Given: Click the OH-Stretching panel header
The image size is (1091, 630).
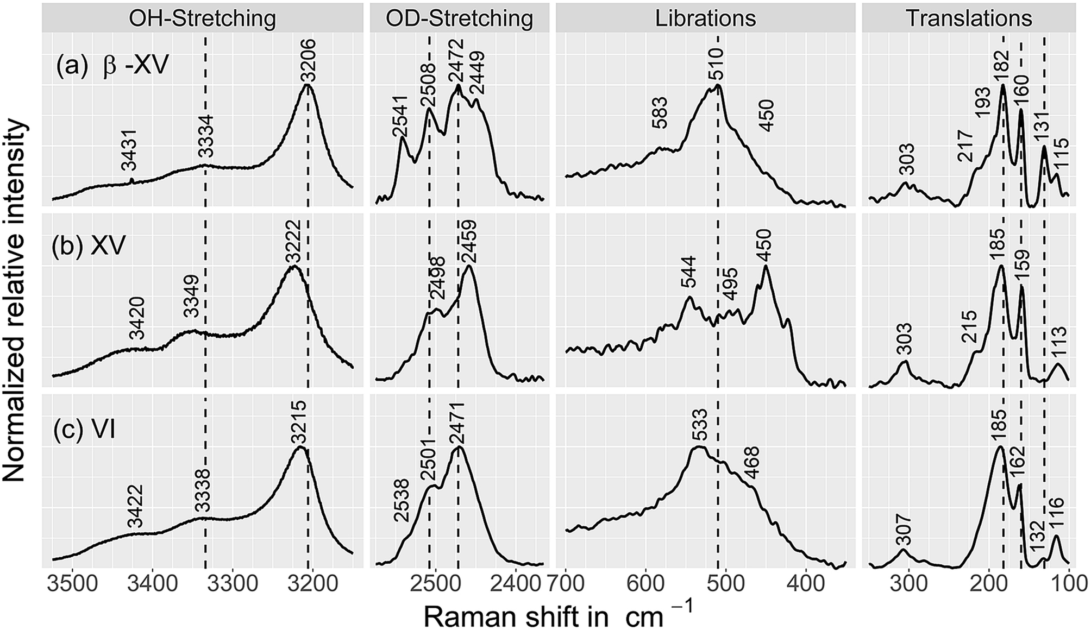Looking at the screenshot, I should pyautogui.click(x=202, y=18).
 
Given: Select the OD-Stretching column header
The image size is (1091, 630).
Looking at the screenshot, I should pyautogui.click(x=459, y=18).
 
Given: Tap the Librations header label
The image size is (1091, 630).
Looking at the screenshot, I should pyautogui.click(x=705, y=18).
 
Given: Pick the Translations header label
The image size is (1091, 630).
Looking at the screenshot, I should pyautogui.click(x=969, y=18).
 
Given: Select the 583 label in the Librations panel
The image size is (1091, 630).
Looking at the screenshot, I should pyautogui.click(x=660, y=114).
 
